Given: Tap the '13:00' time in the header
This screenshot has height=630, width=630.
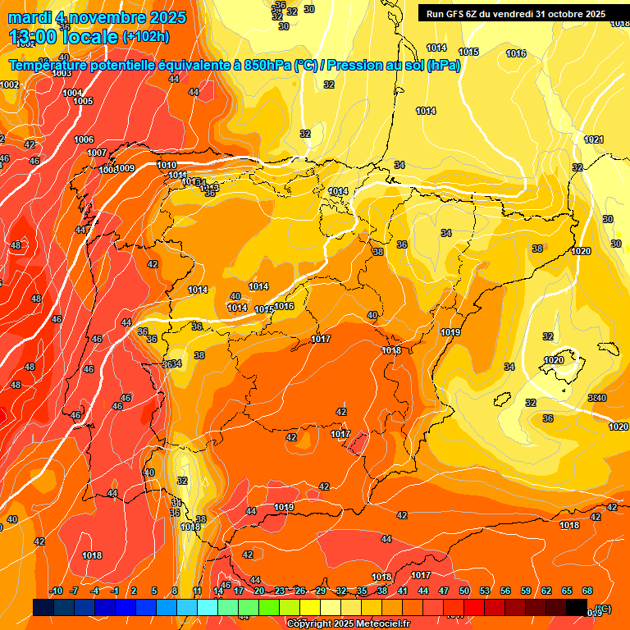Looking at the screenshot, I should [x=35, y=36].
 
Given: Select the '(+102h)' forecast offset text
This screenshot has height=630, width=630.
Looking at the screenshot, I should [x=147, y=36].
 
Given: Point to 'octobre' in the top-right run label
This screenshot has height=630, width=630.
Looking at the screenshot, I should [x=562, y=14].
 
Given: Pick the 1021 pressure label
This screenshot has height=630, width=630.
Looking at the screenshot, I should [x=594, y=140].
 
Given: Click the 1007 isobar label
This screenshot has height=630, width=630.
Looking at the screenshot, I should [x=97, y=153].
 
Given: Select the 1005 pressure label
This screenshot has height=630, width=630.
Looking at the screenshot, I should [x=83, y=101].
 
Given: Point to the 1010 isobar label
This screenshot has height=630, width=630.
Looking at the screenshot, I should [x=166, y=165].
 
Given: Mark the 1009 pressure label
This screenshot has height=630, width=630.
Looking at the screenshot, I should [x=125, y=168].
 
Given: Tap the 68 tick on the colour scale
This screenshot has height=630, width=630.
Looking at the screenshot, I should [x=587, y=591].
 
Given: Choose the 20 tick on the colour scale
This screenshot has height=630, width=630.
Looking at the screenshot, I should [x=259, y=591].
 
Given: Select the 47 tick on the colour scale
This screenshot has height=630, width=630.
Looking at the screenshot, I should [x=444, y=591].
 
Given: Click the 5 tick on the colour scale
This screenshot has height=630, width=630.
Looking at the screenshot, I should [x=155, y=591].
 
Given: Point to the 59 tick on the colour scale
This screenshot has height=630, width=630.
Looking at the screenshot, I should [x=526, y=591].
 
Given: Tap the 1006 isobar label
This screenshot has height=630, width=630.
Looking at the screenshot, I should [x=84, y=139].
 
